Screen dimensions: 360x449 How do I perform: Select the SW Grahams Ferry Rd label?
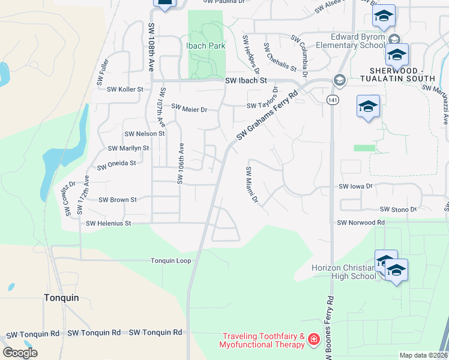pos(267,116)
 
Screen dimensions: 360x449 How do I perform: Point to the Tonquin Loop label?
pos(170,260)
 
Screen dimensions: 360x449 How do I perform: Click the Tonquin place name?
pos(62,297)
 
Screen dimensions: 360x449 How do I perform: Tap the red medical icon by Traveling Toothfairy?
pos(313,341)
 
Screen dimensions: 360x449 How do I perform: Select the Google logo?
pos(20,353)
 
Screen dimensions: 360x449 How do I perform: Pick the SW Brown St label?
pos(118,199)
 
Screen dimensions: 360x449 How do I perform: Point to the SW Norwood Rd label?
pos(360,223)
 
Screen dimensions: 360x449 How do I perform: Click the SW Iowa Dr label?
pos(355,187)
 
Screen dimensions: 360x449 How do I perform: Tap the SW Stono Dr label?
pos(398,209)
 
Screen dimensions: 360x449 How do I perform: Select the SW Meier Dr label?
pos(189,109)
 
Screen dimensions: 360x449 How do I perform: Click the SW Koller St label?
pos(125,89)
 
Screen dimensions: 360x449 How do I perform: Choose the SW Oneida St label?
pos(116,162)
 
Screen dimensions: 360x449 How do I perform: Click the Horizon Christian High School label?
pos(343,272)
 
